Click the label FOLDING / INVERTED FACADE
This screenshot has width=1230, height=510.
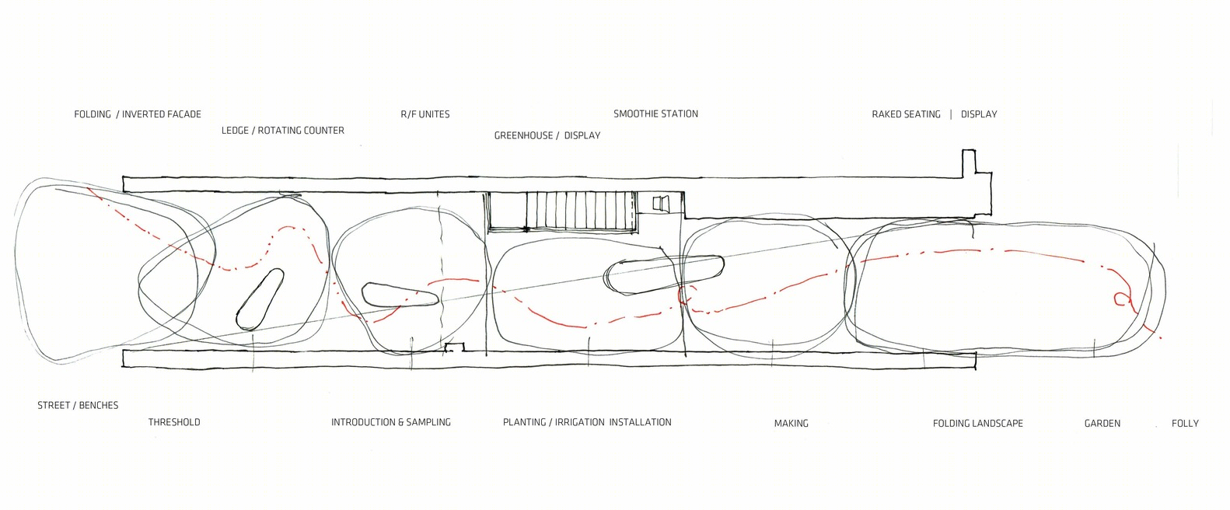pos(138,114)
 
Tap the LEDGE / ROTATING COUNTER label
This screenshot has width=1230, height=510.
pos(283,130)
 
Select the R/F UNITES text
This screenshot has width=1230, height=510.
pos(425,114)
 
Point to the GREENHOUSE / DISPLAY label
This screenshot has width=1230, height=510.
pos(547,135)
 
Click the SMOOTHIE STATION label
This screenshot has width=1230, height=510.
pos(655,114)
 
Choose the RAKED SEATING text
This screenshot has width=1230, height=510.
pos(906,114)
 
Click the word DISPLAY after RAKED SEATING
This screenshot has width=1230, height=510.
pos(979,114)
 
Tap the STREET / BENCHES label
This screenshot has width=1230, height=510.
pos(78,405)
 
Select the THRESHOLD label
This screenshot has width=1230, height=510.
pos(174,422)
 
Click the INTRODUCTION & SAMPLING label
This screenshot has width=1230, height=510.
pos(391,422)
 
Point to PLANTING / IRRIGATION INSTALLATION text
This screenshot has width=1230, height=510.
pos(587,422)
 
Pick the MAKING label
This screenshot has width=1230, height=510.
pos(791,423)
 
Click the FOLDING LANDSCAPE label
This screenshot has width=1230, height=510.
pos(978,423)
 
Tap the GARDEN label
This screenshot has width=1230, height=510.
pos(1102,423)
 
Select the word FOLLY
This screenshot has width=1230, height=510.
pos(1185,423)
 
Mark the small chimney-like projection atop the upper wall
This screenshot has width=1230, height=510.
pos(969,162)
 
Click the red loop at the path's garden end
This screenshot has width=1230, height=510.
pos(1120,298)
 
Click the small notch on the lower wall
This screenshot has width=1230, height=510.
pos(455,347)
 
